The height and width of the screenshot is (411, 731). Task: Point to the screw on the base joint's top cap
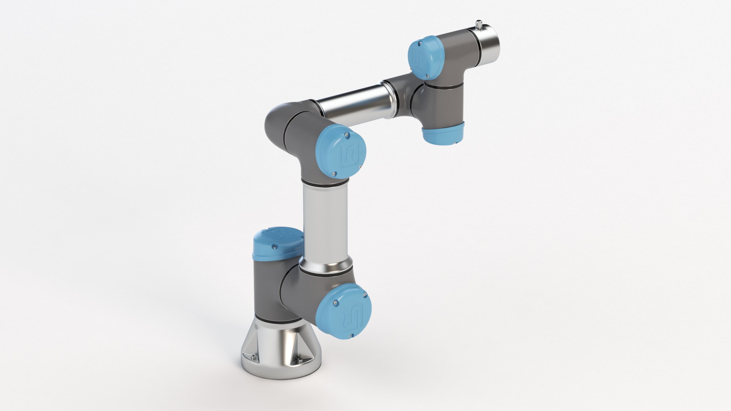[273, 248]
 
